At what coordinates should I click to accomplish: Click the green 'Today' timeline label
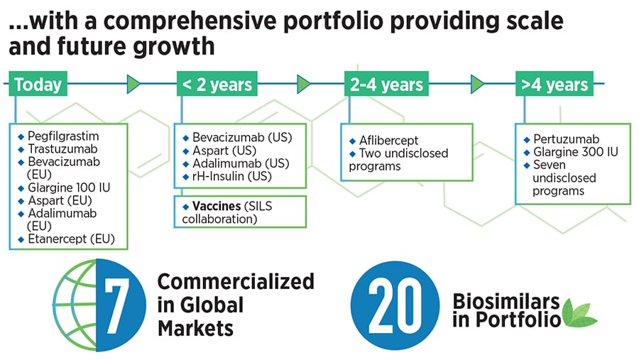coord(38,84)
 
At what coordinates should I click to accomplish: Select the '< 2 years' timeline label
coord(217,84)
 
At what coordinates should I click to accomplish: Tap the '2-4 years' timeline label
coord(386,84)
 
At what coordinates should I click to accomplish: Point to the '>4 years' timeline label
coord(555,84)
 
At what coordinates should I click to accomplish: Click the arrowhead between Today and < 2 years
coord(133,84)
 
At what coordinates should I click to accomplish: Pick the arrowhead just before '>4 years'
coord(477,84)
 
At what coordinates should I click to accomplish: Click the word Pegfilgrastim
coord(63,136)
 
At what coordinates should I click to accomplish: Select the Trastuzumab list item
coord(62,149)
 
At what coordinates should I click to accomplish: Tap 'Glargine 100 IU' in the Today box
coord(69,187)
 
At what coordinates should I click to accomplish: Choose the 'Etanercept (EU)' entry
coord(71,239)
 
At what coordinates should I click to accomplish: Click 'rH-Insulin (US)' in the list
coord(232,176)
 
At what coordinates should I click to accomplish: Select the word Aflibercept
coord(389,141)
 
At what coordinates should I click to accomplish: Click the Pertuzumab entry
coord(567,139)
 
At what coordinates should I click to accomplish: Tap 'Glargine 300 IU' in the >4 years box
coord(576,152)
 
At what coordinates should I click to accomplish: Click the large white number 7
coord(116,305)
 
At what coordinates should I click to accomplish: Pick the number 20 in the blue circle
coord(395,305)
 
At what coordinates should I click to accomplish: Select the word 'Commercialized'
coord(236,281)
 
